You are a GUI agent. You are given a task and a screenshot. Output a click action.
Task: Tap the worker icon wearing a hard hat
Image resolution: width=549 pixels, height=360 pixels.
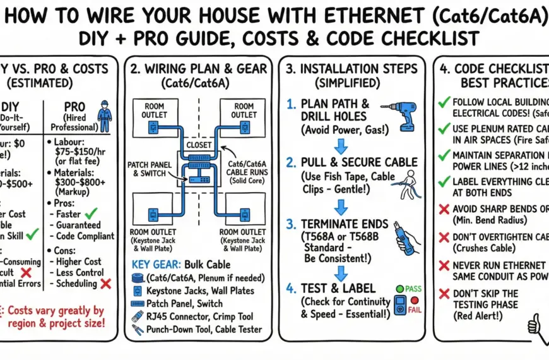pyautogui.click(x=103, y=119)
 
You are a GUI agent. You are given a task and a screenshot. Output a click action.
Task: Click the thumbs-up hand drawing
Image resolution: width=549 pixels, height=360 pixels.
pyautogui.click(x=534, y=324)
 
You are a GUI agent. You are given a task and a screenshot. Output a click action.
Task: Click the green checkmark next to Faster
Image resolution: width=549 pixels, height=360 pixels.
pyautogui.click(x=100, y=213)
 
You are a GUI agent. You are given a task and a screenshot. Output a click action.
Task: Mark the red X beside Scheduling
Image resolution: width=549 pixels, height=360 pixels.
pyautogui.click(x=105, y=284)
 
